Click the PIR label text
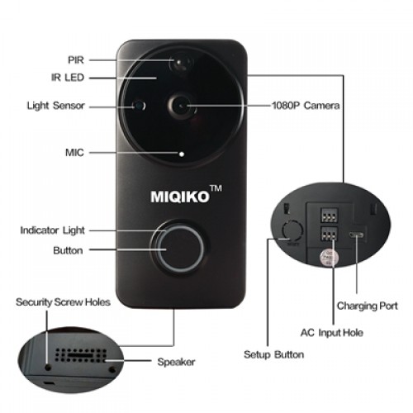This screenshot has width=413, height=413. pyautogui.click(x=76, y=59)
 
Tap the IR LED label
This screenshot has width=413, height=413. pyautogui.click(x=68, y=78)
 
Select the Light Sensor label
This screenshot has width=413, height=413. pyautogui.click(x=55, y=106)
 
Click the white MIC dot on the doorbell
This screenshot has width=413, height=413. pyautogui.click(x=182, y=154)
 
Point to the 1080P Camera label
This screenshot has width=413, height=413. pyautogui.click(x=306, y=106)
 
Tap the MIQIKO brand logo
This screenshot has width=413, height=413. pyautogui.click(x=180, y=197)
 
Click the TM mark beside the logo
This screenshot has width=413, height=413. pyautogui.click(x=216, y=188)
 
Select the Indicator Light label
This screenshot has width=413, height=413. pyautogui.click(x=52, y=230)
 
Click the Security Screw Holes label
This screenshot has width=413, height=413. pyautogui.click(x=63, y=302)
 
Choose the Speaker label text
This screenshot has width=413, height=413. pyautogui.click(x=176, y=362)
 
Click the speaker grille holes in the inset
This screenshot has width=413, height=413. pyautogui.click(x=80, y=355)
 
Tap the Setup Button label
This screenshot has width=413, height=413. pyautogui.click(x=274, y=354)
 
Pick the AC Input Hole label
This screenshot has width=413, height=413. pyautogui.click(x=332, y=333)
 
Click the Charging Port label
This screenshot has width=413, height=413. pyautogui.click(x=368, y=306)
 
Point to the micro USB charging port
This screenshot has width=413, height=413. pyautogui.click(x=356, y=235)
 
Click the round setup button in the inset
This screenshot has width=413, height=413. pyautogui.click(x=292, y=230)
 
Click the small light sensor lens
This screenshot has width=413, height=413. pyautogui.click(x=139, y=105)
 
